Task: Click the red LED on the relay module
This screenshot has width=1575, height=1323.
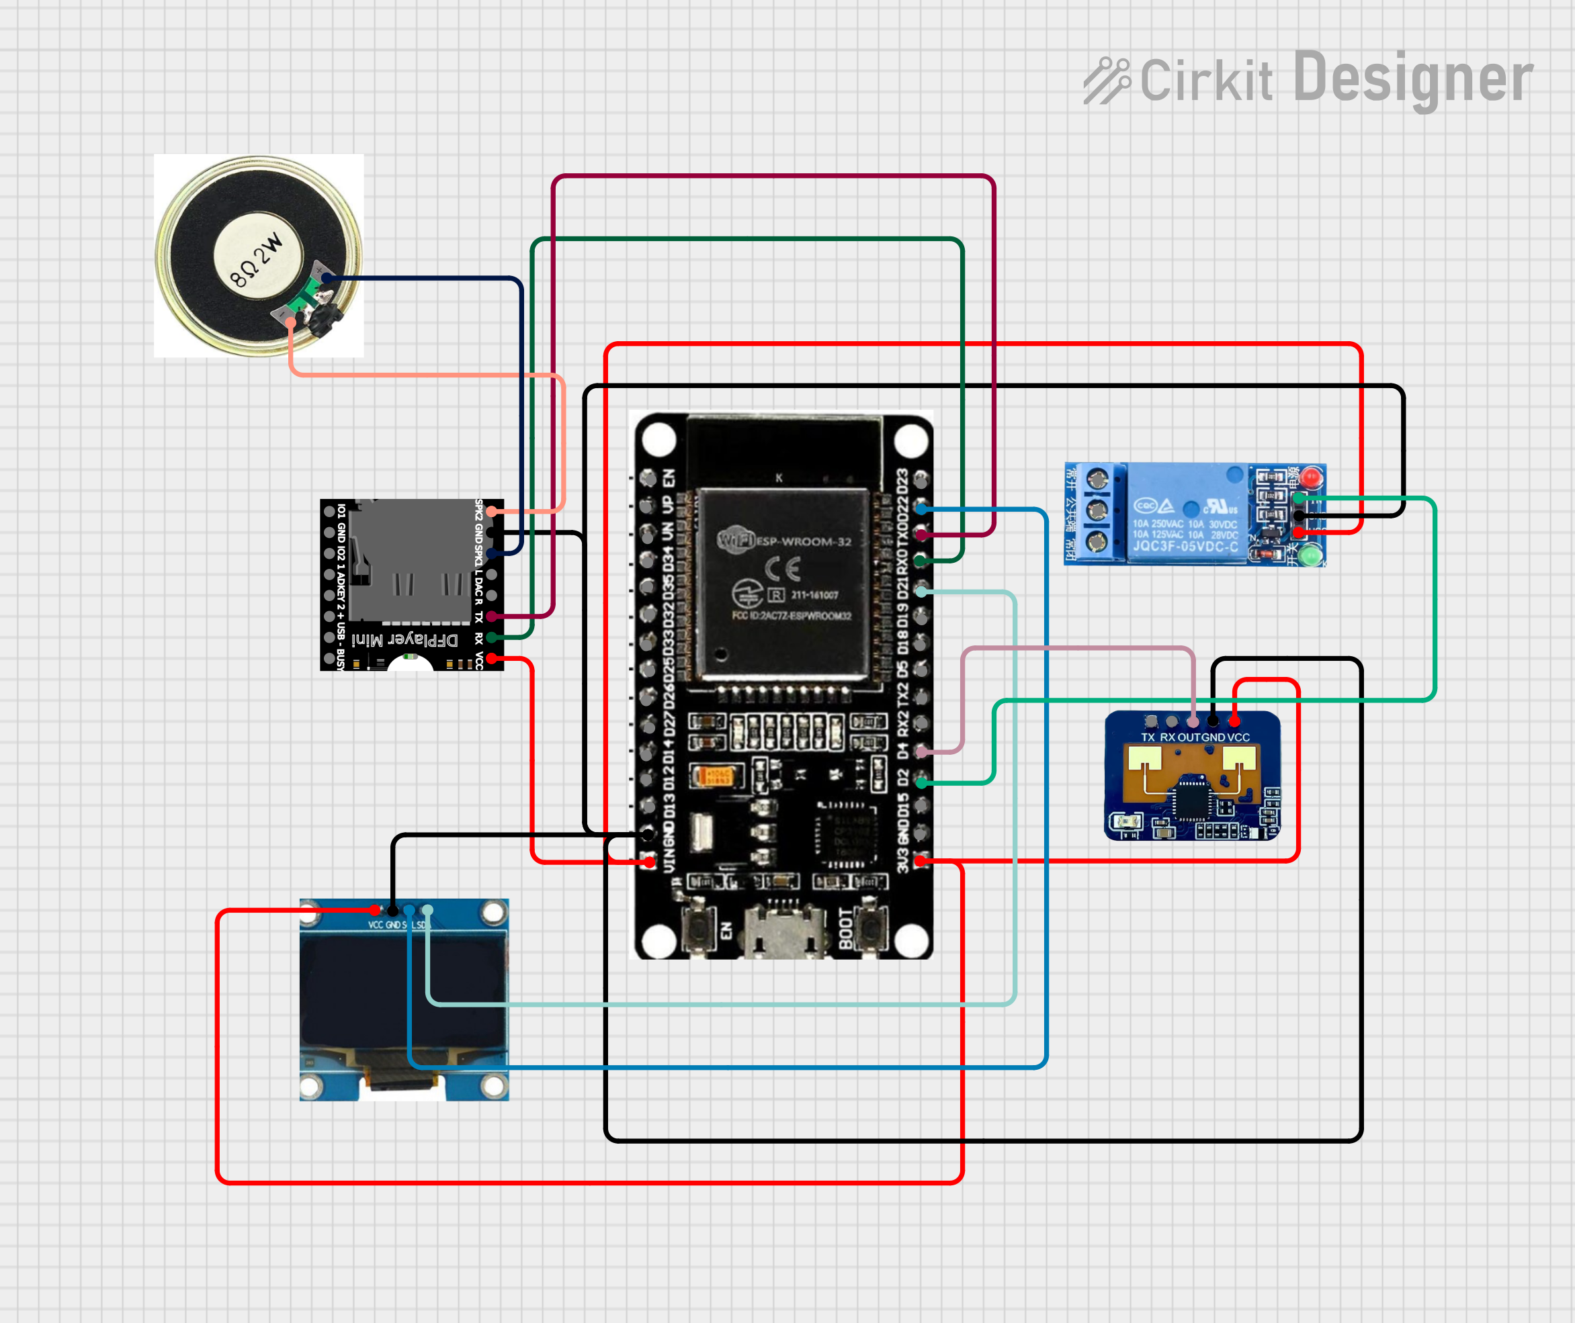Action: [x=1311, y=477]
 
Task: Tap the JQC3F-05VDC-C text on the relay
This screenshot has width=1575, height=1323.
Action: [x=1185, y=546]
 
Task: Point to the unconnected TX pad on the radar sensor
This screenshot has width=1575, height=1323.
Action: [x=1152, y=721]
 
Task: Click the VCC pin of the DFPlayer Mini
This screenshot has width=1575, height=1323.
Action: [x=491, y=659]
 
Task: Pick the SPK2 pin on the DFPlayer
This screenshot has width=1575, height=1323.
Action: [x=491, y=512]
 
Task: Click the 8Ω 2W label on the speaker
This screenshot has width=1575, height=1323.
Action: [x=257, y=261]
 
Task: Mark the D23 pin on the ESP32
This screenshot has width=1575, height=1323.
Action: [x=921, y=482]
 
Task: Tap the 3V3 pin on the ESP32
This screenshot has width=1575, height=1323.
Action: [x=921, y=861]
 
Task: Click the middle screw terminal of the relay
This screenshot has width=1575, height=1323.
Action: [x=1097, y=511]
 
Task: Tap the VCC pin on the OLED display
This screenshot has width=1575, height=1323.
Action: [x=374, y=911]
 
